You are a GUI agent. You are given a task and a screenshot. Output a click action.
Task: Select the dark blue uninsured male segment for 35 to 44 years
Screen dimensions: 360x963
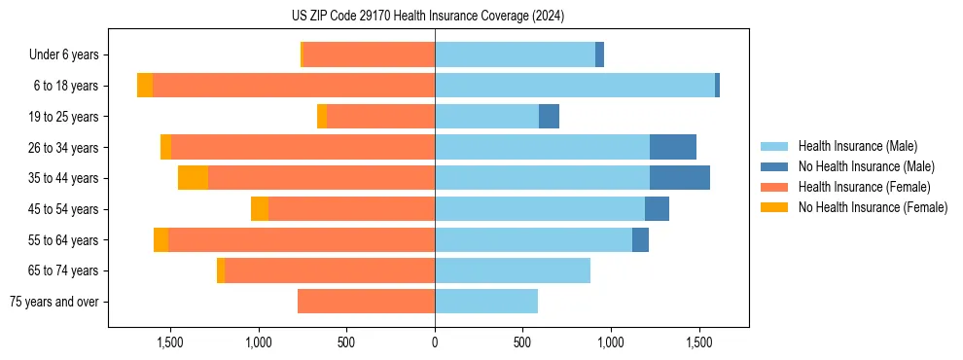(679, 178)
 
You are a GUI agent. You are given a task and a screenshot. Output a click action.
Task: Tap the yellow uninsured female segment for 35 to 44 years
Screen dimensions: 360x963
(193, 178)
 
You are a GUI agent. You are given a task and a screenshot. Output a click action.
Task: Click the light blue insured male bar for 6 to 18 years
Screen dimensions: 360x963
(574, 86)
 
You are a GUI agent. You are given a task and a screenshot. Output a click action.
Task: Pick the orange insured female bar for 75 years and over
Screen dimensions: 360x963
(366, 302)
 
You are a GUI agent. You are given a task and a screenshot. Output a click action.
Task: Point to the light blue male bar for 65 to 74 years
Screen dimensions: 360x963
(512, 270)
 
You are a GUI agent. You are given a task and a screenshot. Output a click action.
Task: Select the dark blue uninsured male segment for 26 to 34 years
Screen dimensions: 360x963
(672, 147)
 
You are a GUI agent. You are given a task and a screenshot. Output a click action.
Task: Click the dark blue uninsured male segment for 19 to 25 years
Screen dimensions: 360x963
(549, 117)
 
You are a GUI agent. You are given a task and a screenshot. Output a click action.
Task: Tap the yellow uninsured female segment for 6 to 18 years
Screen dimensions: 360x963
(145, 86)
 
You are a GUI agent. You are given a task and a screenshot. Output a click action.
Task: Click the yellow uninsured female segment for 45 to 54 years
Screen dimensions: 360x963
(260, 209)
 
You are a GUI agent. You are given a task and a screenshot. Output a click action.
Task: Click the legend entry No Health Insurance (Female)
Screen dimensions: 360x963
(873, 207)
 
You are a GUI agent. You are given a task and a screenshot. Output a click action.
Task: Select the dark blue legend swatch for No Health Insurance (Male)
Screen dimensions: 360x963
(775, 166)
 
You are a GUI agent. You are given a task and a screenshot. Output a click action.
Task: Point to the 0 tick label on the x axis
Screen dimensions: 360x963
(435, 342)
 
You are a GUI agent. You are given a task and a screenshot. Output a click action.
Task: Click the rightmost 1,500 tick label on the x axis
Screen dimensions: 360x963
(699, 342)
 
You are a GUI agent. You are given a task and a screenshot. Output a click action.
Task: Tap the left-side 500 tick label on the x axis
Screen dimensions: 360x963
(346, 342)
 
